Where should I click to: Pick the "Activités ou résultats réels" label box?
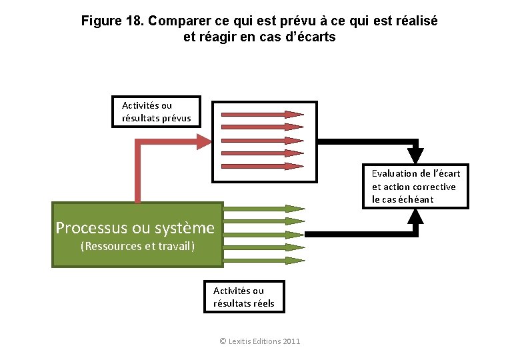point(243,297)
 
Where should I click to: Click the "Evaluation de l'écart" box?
point(415,186)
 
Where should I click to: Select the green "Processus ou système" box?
point(137,234)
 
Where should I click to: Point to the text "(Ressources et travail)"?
point(137,247)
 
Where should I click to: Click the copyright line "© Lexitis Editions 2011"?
point(259,341)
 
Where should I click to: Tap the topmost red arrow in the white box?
point(261,114)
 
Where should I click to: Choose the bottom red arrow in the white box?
point(261,165)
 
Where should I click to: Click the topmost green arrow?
point(263,209)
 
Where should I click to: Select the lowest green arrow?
point(263,259)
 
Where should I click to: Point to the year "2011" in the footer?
point(291,341)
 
